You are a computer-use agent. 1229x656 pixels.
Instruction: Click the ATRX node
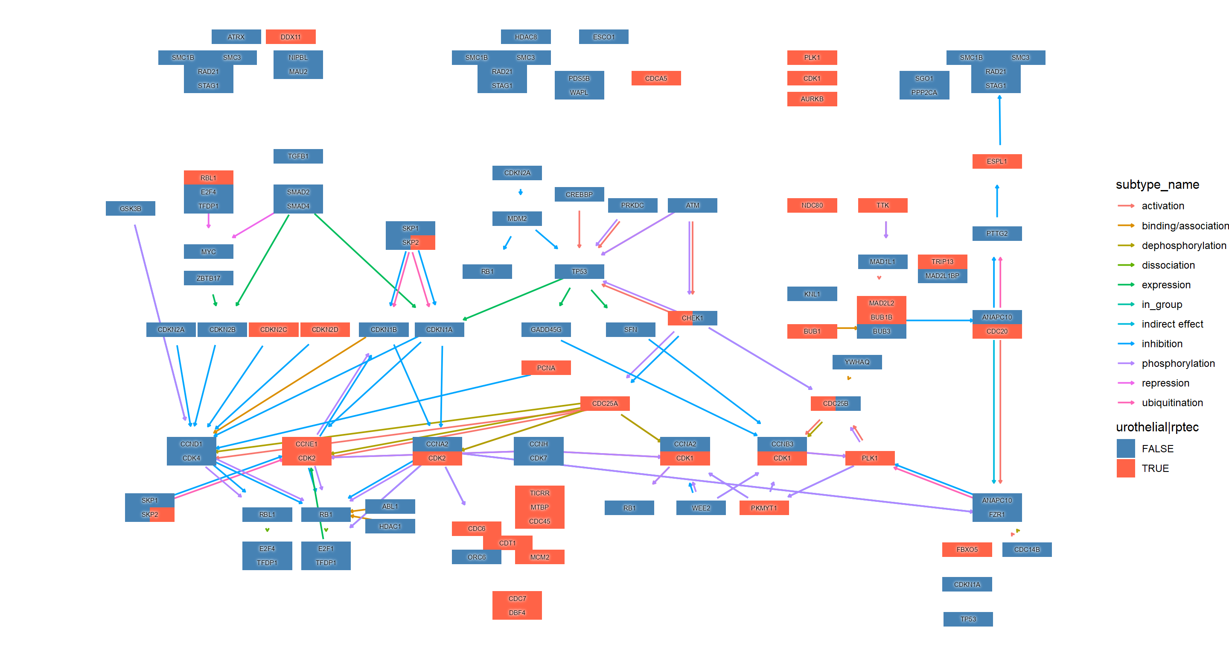[236, 37]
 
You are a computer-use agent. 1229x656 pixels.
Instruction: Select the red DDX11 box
[291, 37]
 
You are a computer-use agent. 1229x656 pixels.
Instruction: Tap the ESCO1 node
[603, 37]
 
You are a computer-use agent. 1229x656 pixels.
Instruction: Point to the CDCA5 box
[656, 78]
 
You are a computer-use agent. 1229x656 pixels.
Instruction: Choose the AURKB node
[812, 99]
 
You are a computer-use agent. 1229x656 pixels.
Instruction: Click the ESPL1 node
[997, 161]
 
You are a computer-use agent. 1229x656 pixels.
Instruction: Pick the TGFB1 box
[298, 156]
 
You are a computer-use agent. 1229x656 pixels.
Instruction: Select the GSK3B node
[130, 209]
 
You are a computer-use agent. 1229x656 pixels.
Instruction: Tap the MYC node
[209, 252]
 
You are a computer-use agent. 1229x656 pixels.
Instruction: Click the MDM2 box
[517, 219]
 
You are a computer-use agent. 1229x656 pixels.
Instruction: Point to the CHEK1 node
[692, 318]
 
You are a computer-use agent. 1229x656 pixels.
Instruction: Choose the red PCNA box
[546, 368]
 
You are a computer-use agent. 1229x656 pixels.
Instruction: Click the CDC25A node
[605, 404]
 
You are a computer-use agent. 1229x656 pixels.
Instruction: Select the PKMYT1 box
[763, 508]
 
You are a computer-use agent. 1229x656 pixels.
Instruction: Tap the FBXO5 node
[967, 550]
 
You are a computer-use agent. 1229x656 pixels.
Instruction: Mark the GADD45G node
[546, 329]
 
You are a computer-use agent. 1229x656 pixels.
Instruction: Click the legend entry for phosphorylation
[1178, 363]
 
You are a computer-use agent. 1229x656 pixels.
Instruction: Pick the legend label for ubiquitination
[1172, 402]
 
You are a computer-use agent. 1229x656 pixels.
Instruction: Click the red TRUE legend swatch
[1125, 469]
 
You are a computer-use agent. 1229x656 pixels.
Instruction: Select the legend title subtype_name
[1157, 185]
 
